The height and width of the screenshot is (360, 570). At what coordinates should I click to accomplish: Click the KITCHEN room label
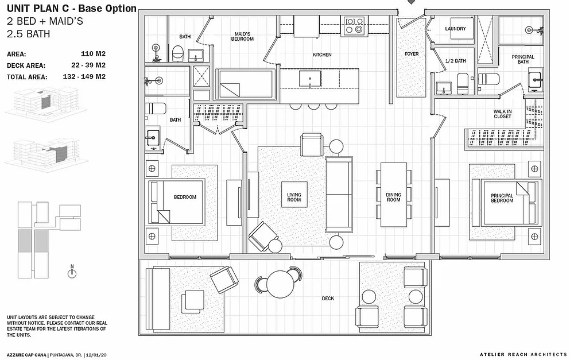pyautogui.click(x=321, y=55)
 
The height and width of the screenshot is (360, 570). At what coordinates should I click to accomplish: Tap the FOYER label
pyautogui.click(x=412, y=54)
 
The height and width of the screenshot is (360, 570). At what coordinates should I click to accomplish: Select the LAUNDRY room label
pyautogui.click(x=455, y=28)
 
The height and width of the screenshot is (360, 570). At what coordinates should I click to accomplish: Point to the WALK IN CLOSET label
pyautogui.click(x=502, y=114)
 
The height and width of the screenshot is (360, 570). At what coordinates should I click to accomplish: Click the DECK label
pyautogui.click(x=328, y=298)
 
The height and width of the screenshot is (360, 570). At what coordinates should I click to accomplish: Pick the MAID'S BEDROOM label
pyautogui.click(x=242, y=36)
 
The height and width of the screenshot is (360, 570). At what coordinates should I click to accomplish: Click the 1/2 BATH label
pyautogui.click(x=456, y=61)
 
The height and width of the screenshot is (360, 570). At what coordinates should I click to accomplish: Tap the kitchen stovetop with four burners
pyautogui.click(x=354, y=26)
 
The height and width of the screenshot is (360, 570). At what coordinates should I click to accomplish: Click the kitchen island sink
pyautogui.click(x=310, y=79)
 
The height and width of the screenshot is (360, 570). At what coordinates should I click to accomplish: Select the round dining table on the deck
pyautogui.click(x=280, y=284)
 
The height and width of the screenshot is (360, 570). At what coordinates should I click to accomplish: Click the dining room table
pyautogui.click(x=394, y=195)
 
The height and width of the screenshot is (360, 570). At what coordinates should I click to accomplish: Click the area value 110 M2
pyautogui.click(x=93, y=54)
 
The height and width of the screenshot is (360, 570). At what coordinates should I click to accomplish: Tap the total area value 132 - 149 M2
pyautogui.click(x=84, y=77)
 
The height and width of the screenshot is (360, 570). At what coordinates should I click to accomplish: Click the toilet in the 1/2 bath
pyautogui.click(x=463, y=83)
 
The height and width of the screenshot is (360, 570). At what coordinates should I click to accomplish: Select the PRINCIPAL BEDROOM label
pyautogui.click(x=502, y=198)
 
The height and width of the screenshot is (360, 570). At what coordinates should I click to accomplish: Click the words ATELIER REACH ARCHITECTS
pyautogui.click(x=523, y=355)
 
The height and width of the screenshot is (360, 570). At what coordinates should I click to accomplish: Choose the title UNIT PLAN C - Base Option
pyautogui.click(x=72, y=9)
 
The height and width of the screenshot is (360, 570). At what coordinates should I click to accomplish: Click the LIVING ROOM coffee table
pyautogui.click(x=294, y=195)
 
